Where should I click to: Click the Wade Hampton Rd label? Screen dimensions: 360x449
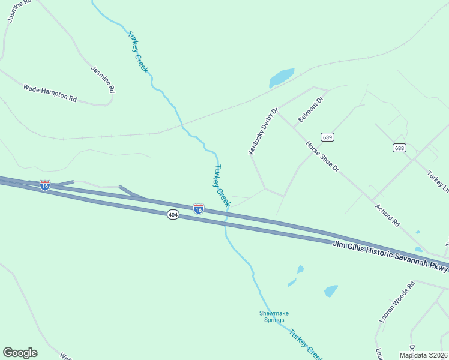(x=50, y=92)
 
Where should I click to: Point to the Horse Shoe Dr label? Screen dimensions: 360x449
(x=322, y=156)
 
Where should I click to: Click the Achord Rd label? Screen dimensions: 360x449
(x=387, y=214)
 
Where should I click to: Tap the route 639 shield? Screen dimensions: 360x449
(x=327, y=137)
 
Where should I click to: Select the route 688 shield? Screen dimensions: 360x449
(x=400, y=148)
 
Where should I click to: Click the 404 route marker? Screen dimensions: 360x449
(x=173, y=214)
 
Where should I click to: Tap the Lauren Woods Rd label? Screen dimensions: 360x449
(x=397, y=302)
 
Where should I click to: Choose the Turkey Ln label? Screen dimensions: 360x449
(x=438, y=181)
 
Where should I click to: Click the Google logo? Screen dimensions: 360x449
(x=20, y=353)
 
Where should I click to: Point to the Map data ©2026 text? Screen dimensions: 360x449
(x=423, y=355)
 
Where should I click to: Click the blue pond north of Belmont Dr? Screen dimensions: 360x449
(x=281, y=77)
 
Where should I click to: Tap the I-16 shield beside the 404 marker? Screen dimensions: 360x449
(x=199, y=208)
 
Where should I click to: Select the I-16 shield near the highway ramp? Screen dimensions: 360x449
(x=45, y=185)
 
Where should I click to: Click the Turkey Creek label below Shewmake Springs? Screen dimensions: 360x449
(x=306, y=344)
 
